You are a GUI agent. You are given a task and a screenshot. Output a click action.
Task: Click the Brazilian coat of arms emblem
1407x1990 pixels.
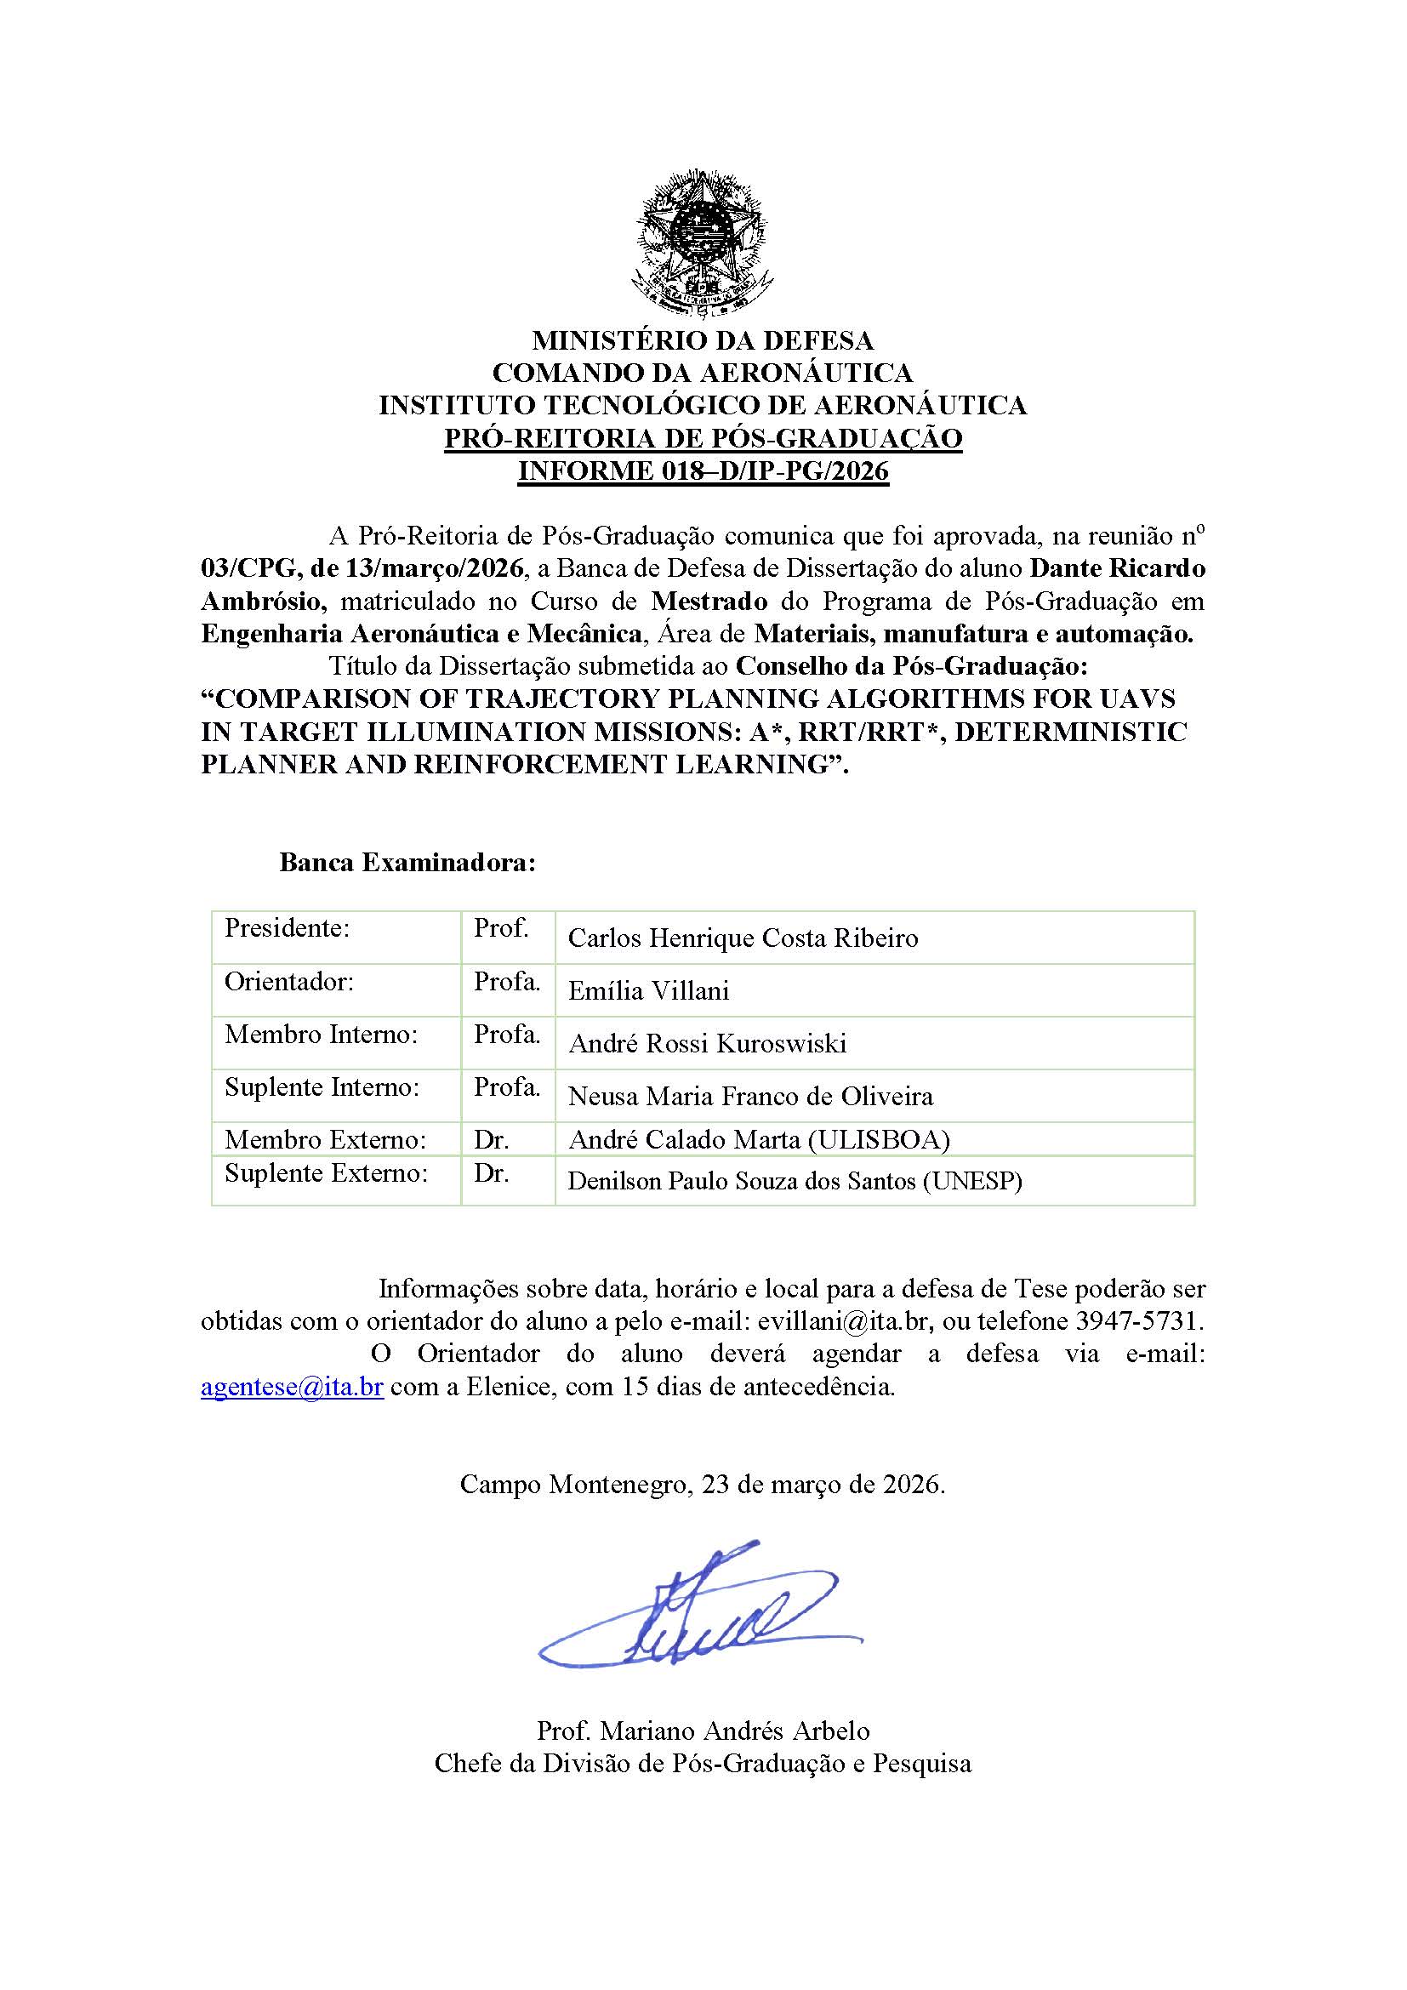coord(703,242)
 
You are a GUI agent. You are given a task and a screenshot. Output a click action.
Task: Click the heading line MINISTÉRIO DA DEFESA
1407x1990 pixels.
coord(703,339)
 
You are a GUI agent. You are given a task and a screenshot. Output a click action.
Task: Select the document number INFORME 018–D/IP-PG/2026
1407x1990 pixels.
coord(703,470)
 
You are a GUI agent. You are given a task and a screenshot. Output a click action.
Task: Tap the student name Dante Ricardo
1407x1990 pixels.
coord(1117,568)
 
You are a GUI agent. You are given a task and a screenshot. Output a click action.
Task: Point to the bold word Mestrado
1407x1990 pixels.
coord(709,601)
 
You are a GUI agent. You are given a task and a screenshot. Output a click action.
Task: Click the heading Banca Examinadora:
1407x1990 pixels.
coord(407,863)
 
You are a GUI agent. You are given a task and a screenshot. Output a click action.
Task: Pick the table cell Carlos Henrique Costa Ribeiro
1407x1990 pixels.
coord(743,938)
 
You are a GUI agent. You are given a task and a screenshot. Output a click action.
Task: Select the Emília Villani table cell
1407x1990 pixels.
coord(648,990)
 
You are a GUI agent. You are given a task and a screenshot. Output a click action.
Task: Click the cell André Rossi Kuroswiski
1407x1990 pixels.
coord(707,1044)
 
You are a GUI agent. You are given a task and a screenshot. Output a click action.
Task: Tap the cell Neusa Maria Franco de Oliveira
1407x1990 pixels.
coord(750,1097)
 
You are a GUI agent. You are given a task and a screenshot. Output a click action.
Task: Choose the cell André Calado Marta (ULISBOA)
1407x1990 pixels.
coord(759,1140)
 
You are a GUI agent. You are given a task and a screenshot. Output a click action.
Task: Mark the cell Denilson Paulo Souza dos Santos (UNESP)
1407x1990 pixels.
coord(795,1181)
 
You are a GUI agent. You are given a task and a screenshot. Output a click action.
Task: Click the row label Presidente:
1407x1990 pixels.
coord(287,928)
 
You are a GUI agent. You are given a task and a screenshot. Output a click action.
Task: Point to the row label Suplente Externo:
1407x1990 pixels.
coord(326,1172)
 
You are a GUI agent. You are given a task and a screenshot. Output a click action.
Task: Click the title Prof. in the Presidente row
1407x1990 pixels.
coord(501,928)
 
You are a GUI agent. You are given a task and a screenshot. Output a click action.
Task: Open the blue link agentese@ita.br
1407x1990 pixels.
coord(292,1386)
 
